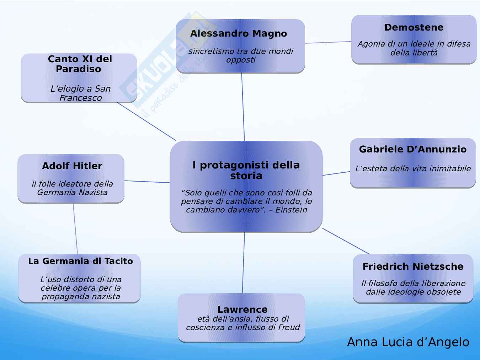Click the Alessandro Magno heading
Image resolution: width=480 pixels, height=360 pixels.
pyautogui.click(x=239, y=34)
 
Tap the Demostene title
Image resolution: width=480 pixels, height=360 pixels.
pyautogui.click(x=414, y=27)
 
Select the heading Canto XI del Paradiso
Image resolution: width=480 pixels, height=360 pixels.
pyautogui.click(x=80, y=64)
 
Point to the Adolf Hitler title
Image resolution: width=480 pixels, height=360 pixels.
pyautogui.click(x=72, y=166)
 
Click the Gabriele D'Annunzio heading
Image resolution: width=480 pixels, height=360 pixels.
pyautogui.click(x=412, y=149)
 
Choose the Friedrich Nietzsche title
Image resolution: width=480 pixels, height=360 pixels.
pyautogui.click(x=413, y=267)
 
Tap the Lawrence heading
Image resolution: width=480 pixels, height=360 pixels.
pyautogui.click(x=242, y=310)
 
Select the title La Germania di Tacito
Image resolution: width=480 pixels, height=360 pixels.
pyautogui.click(x=80, y=261)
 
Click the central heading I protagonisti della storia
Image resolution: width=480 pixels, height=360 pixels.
pyautogui.click(x=246, y=170)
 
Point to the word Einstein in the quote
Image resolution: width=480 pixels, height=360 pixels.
pyautogui.click(x=291, y=210)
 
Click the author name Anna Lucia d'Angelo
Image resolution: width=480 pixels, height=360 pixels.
pyautogui.click(x=408, y=342)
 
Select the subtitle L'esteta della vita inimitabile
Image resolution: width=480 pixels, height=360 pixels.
pyautogui.click(x=413, y=168)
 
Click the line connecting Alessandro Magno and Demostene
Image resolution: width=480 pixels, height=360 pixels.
pyautogui.click(x=328, y=42)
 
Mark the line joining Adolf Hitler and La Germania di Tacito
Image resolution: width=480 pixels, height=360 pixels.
pyautogui.click(x=75, y=229)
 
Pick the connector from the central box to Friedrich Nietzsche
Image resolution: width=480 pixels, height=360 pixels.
pyautogui.click(x=346, y=241)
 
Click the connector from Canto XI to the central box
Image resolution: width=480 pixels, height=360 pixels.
pyautogui.click(x=146, y=122)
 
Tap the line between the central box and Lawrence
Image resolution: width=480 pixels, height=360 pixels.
pyautogui.click(x=244, y=263)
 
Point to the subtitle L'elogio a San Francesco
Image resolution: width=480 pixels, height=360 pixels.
pyautogui.click(x=80, y=93)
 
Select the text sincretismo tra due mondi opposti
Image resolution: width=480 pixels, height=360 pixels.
pyautogui.click(x=241, y=55)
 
